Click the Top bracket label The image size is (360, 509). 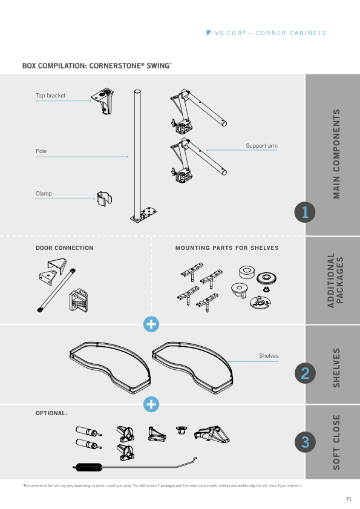50,96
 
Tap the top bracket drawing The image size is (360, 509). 103,100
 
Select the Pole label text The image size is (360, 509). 41,151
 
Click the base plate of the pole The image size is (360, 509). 143,215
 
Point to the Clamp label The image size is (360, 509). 44,194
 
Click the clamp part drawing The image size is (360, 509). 104,199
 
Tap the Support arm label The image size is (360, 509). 261,146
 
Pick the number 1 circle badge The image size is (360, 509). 305,212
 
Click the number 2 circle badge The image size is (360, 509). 305,373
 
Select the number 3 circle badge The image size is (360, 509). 305,442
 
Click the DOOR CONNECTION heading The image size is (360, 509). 65,248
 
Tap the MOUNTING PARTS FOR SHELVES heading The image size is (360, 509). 227,248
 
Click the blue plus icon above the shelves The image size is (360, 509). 151,324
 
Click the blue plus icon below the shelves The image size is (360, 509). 151,404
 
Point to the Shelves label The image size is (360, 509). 269,356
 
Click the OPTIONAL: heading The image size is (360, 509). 51,413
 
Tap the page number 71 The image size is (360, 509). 349,499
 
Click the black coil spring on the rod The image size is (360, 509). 88,467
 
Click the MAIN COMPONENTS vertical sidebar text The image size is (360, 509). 336,154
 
